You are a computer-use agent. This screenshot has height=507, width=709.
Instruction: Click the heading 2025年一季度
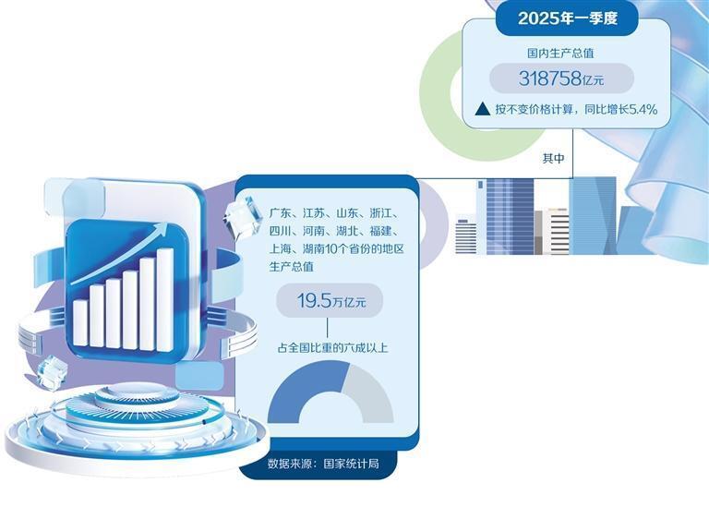pos(567,18)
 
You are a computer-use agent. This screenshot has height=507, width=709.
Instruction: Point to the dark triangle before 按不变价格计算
pos(482,109)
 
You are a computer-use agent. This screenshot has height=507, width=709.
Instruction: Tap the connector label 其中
pos(553,160)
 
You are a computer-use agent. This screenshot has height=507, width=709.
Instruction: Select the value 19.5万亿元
pos(328,301)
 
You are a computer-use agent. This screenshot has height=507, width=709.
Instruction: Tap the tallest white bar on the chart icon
pos(165,297)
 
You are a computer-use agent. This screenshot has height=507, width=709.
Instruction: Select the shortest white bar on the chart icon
pos(80,322)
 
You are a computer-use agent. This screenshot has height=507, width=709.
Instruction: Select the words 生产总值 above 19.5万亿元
pos(292,267)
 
